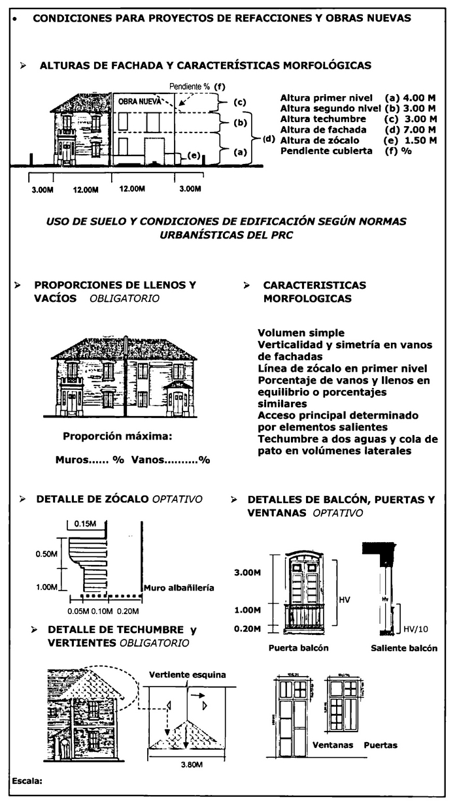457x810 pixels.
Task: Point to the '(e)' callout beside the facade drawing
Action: click(194, 155)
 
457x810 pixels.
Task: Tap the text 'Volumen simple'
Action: click(301, 333)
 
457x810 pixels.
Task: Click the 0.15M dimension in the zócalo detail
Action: click(84, 524)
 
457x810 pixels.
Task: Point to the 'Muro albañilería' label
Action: click(178, 587)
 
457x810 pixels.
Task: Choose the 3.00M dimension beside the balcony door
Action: click(248, 572)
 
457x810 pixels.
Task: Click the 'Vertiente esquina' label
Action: click(187, 673)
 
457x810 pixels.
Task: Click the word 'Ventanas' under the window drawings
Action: click(332, 745)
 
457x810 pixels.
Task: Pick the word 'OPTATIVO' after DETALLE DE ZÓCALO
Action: click(177, 499)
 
